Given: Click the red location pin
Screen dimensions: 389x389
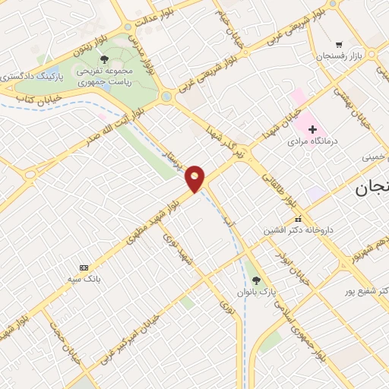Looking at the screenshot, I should tap(195, 179).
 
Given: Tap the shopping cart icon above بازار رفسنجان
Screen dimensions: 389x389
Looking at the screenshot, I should tap(338, 44).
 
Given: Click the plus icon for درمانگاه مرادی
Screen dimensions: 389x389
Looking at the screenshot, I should tap(312, 129).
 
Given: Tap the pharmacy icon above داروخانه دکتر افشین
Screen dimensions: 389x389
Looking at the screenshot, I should tap(297, 218).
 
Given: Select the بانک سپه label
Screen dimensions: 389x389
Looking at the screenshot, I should tap(84, 280).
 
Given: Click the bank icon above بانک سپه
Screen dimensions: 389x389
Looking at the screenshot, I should tap(84, 267).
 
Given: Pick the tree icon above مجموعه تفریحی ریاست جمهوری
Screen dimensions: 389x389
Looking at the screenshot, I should tap(104, 59).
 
